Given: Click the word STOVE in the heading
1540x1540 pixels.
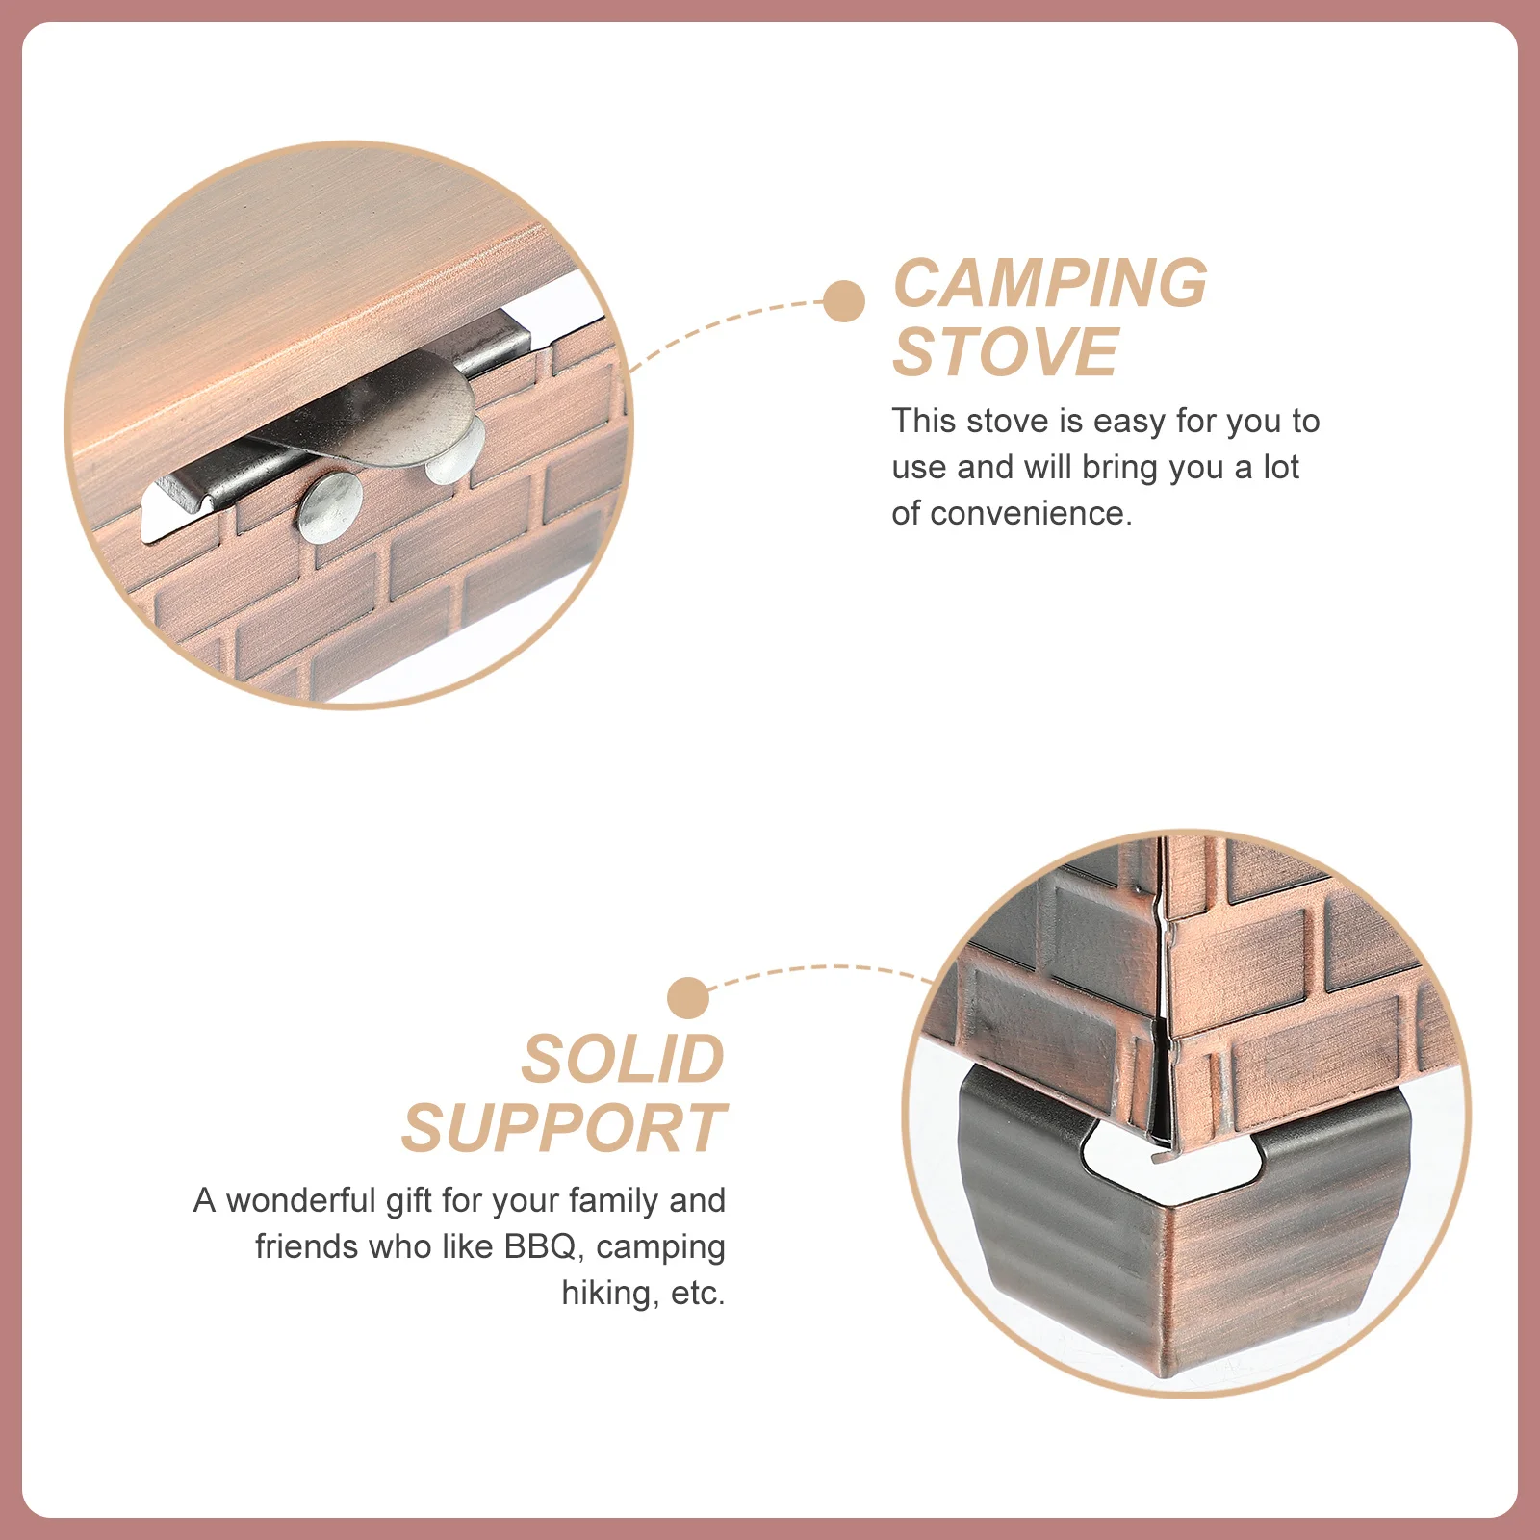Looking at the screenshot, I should (x=1005, y=352).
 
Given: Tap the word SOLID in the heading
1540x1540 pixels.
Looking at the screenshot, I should (x=623, y=1060).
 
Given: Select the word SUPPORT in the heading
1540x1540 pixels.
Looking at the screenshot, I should (x=563, y=1129).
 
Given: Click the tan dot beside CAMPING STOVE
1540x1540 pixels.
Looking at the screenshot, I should (x=844, y=301).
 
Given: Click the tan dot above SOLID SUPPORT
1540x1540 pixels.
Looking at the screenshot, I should (x=688, y=998).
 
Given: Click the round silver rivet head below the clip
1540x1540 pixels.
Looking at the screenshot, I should (x=330, y=507).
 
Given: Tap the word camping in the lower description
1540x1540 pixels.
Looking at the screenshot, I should (x=660, y=1246).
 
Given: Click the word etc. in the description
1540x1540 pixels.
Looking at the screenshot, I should (x=698, y=1293).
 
